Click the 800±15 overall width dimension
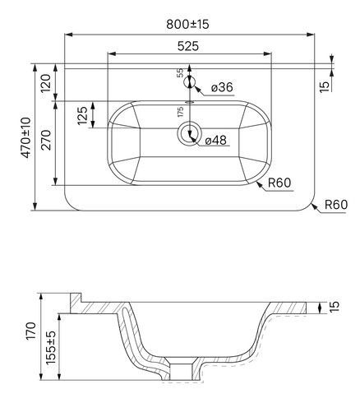pos(187,25)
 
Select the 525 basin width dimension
pos(188,46)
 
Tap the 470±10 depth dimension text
pos(26,137)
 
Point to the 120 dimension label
pos(46,83)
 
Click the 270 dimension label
pos(46,140)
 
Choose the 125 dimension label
pos(82,115)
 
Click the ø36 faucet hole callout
pos(222,87)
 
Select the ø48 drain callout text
pos(216,141)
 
